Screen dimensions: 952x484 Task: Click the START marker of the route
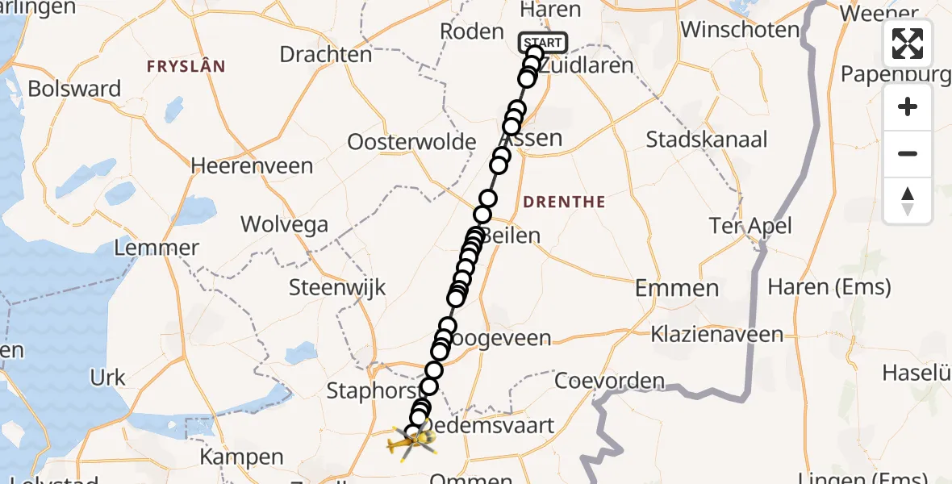tap(543, 43)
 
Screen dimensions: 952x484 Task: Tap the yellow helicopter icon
tap(410, 441)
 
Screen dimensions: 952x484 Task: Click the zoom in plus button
tap(908, 106)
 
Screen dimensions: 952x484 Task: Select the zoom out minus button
tap(908, 153)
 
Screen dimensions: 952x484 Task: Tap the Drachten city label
tap(326, 55)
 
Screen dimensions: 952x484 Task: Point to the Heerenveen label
tap(252, 166)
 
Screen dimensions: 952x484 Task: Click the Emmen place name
tap(677, 288)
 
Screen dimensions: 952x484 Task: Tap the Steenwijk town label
tap(337, 287)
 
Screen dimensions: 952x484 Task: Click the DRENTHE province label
tap(565, 202)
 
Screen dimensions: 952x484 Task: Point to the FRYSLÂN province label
tap(186, 66)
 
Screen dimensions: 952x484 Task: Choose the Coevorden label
tap(609, 381)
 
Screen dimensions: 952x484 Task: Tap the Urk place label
tap(107, 378)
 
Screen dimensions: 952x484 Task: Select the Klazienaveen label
tap(717, 333)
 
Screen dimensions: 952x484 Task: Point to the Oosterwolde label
tap(411, 142)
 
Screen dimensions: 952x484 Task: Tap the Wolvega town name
tap(282, 223)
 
